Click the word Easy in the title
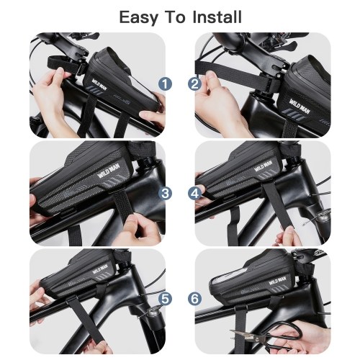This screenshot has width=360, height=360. tap(139, 18)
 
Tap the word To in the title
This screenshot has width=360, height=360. tap(176, 17)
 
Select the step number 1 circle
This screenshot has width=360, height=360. tap(165, 84)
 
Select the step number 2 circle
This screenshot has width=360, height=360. tap(194, 84)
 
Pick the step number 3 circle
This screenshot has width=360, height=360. tap(165, 193)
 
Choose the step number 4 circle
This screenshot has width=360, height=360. tap(194, 193)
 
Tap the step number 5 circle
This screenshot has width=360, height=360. tap(165, 299)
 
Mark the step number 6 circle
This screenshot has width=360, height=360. tap(194, 299)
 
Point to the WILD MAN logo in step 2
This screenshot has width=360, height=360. tap(300, 107)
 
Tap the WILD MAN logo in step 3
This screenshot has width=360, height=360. tap(111, 170)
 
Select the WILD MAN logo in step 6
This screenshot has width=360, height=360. tap(277, 281)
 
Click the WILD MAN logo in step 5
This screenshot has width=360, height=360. tap(102, 269)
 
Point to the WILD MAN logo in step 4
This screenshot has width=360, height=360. tap(263, 166)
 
